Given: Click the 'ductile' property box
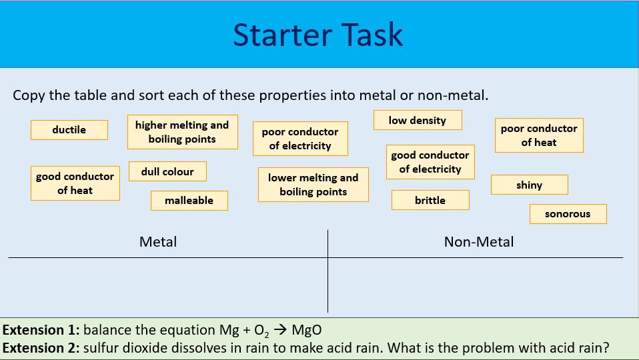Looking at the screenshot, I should (x=69, y=130).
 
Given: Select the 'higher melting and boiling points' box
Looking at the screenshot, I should (x=181, y=132).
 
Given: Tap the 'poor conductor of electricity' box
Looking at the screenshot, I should (x=300, y=139).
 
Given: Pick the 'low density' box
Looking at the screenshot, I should (x=418, y=120).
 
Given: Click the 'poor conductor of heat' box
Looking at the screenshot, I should (x=538, y=135).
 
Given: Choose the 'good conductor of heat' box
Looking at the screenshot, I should (x=75, y=183).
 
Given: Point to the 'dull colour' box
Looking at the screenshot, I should (x=167, y=171).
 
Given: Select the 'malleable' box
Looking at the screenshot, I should (x=189, y=200).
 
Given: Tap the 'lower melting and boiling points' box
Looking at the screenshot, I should (x=313, y=185).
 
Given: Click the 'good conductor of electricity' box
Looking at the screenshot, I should (x=430, y=162).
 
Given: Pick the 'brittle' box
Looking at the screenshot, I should (x=430, y=200).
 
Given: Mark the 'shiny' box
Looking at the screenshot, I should (x=529, y=185).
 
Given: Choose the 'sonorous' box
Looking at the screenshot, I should (x=568, y=214).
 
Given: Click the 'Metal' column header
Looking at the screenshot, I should (x=158, y=241).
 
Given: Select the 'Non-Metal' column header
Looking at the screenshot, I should (x=479, y=241).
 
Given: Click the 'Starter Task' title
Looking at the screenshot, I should (x=318, y=35).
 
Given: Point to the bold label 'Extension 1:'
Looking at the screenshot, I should (x=41, y=330).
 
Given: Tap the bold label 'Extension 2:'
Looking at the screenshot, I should (x=41, y=348).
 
